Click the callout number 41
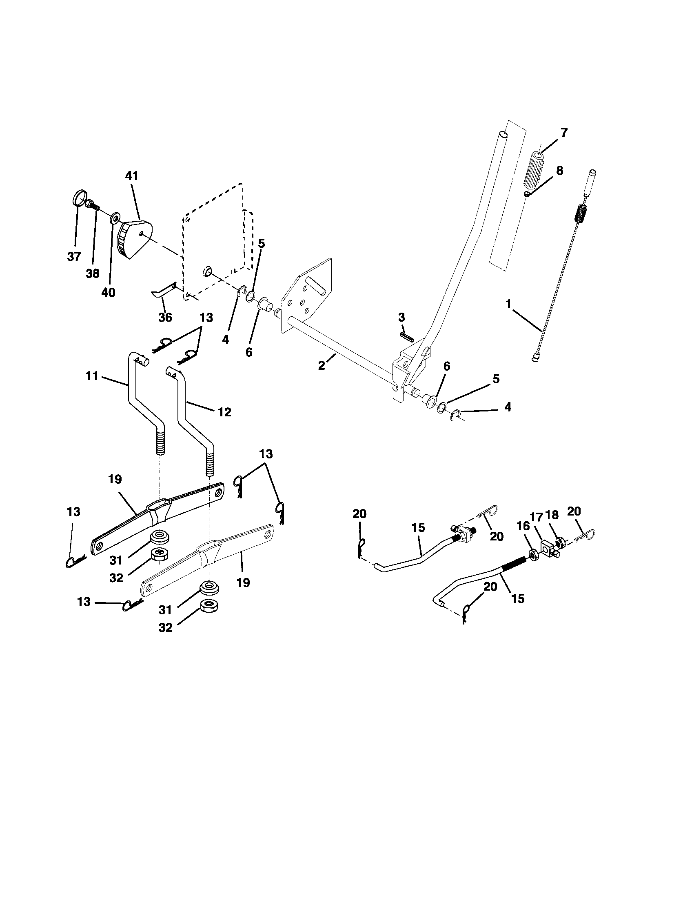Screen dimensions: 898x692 point(132,176)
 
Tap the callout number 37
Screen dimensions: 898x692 point(74,257)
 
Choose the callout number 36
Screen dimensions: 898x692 point(165,318)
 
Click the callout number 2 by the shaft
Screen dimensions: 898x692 point(322,366)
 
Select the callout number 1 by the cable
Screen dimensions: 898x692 point(508,305)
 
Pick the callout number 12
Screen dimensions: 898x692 point(225,411)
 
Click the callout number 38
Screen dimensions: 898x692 point(93,274)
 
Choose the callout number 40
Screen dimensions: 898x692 point(109,292)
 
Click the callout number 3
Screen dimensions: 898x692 point(401,317)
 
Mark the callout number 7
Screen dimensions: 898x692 point(563,132)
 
